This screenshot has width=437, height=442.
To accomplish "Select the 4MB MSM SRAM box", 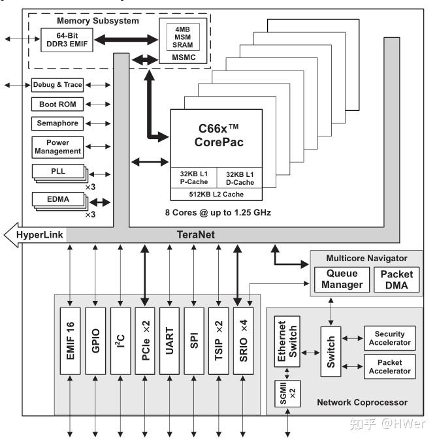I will tap(184, 38).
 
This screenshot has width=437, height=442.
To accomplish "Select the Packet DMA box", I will tap(396, 279).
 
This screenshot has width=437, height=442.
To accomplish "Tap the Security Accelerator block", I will tap(390, 338).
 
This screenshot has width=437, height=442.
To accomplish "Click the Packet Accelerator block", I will tap(390, 366).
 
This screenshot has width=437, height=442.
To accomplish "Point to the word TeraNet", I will tap(195, 234).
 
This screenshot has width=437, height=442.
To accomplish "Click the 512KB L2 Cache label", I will tap(216, 194).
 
